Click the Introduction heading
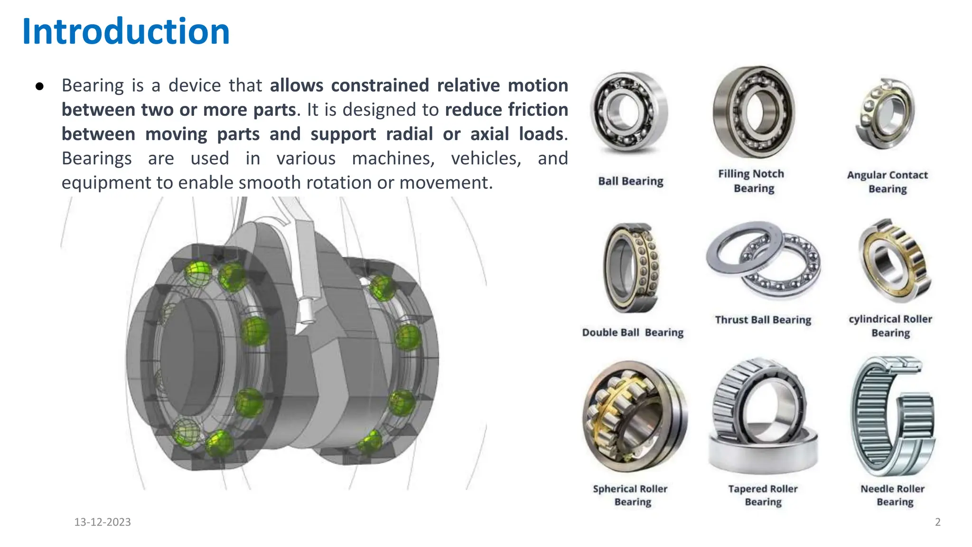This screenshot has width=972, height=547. (126, 31)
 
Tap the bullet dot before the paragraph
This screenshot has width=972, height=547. (40, 86)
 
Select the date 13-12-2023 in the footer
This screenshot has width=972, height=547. (103, 522)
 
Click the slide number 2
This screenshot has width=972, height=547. (937, 522)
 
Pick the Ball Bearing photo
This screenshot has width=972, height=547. (629, 112)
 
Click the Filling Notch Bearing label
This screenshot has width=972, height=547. (752, 181)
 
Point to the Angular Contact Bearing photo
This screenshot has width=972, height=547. (886, 114)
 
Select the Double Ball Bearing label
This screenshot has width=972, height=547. (633, 332)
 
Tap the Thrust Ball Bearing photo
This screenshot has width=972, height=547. (763, 260)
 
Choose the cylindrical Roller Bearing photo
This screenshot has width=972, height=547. (894, 261)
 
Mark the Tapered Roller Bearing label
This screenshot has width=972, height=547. (763, 495)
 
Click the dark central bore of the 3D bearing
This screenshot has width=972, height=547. (190, 356)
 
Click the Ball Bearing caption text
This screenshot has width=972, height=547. (630, 181)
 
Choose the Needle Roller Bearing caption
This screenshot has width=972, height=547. (893, 495)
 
